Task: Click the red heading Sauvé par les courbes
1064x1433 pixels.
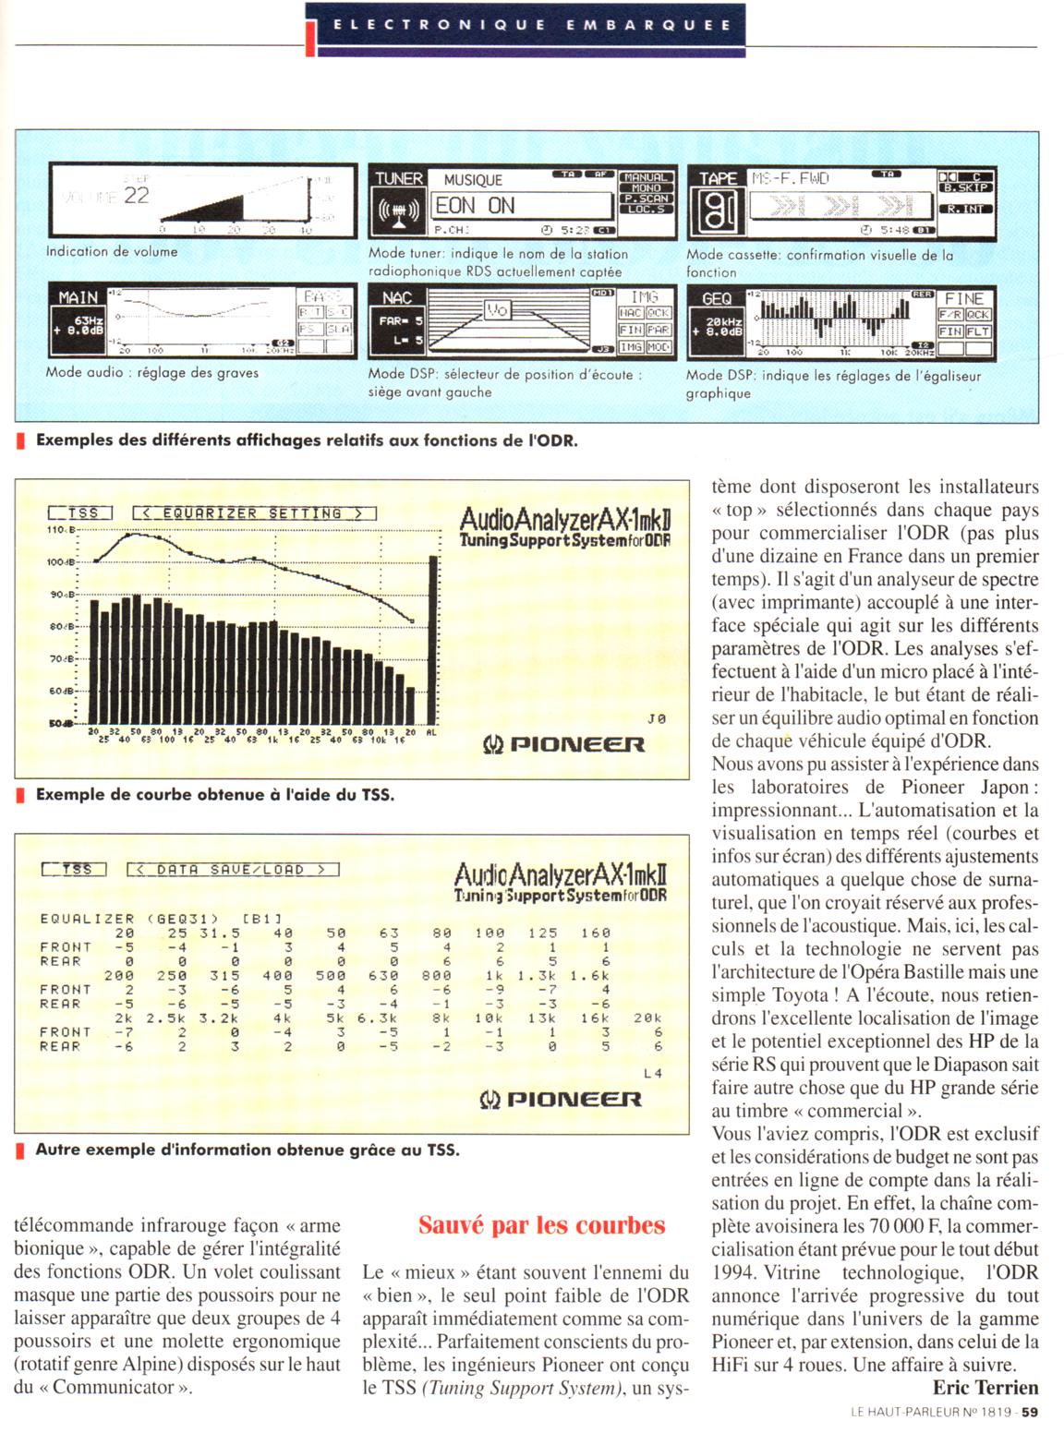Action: pos(541,1225)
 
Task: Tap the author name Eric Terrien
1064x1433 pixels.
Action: pos(985,1387)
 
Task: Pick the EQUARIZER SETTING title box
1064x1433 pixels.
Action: pos(254,513)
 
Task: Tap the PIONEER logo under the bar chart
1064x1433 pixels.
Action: pos(563,744)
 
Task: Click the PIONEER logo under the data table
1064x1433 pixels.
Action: pos(560,1099)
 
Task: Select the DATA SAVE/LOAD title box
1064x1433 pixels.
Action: pos(233,869)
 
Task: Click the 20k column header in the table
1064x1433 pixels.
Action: pos(647,1018)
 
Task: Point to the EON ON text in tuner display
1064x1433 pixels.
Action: pos(476,206)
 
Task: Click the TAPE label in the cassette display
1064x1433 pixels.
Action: pos(718,178)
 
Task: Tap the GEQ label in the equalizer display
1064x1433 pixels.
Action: pos(717,298)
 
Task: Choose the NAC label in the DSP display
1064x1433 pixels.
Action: pos(397,297)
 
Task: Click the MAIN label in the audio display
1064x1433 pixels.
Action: pos(79,297)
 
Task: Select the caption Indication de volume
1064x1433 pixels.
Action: pos(112,251)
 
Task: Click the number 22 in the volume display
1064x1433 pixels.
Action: pos(136,195)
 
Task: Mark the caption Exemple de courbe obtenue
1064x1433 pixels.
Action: pos(214,794)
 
